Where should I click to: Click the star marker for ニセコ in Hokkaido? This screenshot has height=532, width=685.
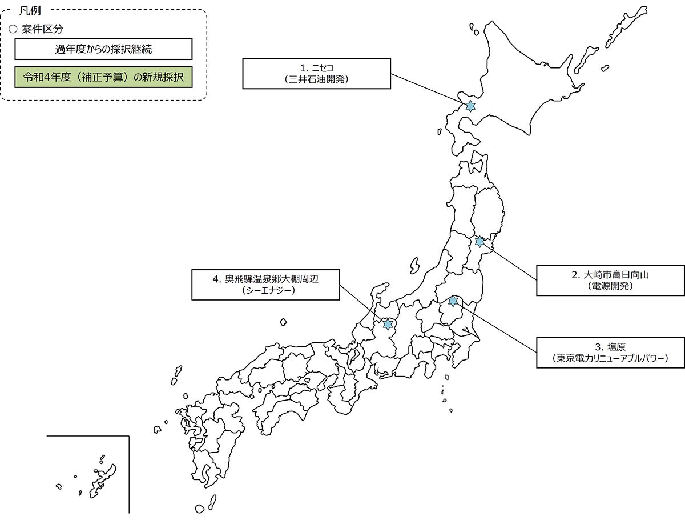pyautogui.click(x=470, y=106)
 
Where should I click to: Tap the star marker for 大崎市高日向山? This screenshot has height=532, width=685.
pyautogui.click(x=479, y=242)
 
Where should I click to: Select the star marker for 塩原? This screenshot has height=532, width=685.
pyautogui.click(x=453, y=301)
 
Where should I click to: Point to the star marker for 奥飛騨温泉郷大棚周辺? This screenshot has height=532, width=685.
pyautogui.click(x=388, y=324)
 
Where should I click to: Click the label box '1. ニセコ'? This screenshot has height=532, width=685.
pyautogui.click(x=317, y=73)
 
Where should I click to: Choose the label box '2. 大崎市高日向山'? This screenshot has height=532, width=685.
pyautogui.click(x=610, y=280)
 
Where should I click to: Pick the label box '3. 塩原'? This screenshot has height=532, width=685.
pyautogui.click(x=610, y=352)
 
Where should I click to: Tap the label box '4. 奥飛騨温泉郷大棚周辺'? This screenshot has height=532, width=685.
pyautogui.click(x=265, y=285)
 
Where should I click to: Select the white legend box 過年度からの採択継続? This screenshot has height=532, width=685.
pyautogui.click(x=103, y=49)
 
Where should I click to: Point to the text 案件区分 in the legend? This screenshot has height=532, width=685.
pyautogui.click(x=42, y=30)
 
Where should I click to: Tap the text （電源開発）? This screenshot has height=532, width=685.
pyautogui.click(x=610, y=286)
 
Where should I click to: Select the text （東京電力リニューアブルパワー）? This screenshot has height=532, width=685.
pyautogui.click(x=610, y=359)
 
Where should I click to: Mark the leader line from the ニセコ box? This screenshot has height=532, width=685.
pyautogui.click(x=428, y=89)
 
